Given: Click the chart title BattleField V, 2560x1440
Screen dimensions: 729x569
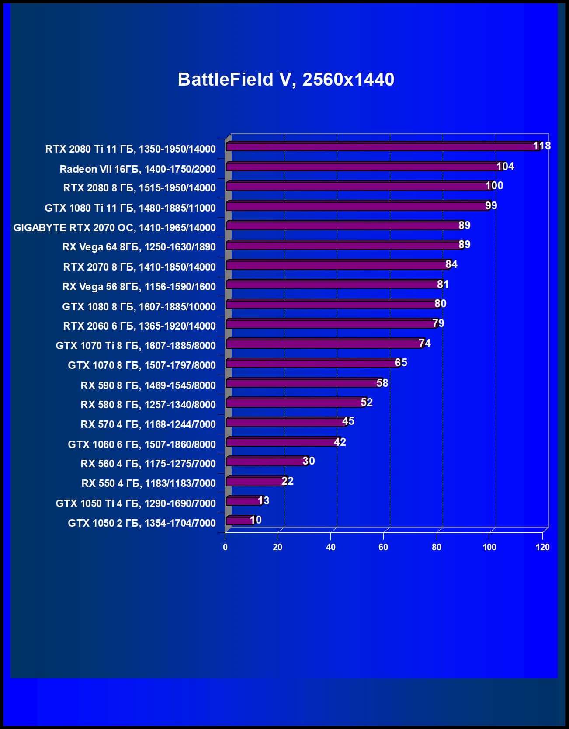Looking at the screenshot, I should coord(286,80).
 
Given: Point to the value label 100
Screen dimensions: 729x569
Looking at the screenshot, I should coord(494,185).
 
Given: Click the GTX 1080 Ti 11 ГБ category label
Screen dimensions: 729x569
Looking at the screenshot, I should coord(130,208).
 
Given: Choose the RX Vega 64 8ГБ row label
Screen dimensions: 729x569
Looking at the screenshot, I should coord(139,247).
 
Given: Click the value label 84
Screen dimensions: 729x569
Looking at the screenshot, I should coord(451,264).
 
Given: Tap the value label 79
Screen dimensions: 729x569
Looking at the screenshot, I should coord(438,323).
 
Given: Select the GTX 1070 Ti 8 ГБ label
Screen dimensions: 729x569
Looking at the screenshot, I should coord(135,345).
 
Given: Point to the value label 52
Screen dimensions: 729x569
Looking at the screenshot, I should coord(367,402).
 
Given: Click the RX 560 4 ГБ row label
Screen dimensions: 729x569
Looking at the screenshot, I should coord(148,463).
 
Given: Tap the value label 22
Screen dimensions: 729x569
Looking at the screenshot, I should coord(288,481).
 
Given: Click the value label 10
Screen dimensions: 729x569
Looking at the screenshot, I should coord(256,520).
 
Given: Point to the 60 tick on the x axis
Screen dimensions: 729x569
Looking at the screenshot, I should coord(383,547).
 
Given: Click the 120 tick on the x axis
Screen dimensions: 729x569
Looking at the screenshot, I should coord(542,547).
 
